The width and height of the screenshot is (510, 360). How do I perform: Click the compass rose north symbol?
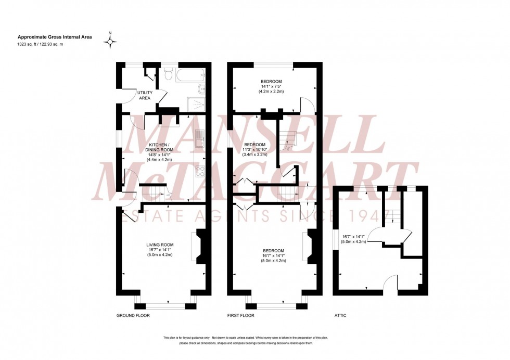pyautogui.click(x=110, y=42)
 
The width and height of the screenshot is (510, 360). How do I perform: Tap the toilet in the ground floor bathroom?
pyautogui.click(x=168, y=75)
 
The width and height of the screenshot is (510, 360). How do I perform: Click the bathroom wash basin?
pyautogui.click(x=202, y=88)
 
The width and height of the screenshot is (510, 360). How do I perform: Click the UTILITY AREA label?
pyautogui.click(x=145, y=95)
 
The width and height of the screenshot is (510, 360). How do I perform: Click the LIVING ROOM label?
pyautogui.click(x=160, y=245)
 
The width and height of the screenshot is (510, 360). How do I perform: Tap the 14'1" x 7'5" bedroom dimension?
pyautogui.click(x=271, y=87)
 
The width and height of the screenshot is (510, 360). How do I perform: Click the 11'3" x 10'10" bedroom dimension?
pyautogui.click(x=255, y=149)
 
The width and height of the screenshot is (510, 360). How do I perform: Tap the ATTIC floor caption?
pyautogui.click(x=340, y=316)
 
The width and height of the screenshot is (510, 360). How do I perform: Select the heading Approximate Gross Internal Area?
pyautogui.click(x=50, y=37)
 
